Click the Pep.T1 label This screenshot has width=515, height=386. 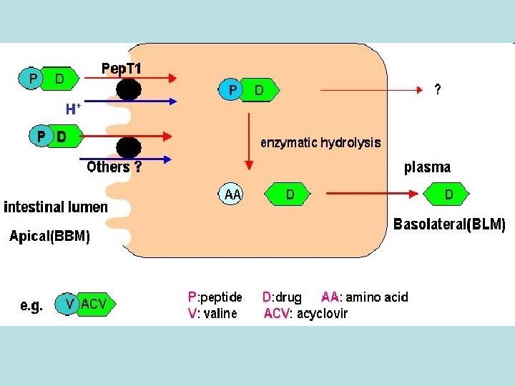[x=122, y=69]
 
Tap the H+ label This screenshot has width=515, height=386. [x=73, y=109]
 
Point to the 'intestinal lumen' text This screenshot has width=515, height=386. [x=56, y=207]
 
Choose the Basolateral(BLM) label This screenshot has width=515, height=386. [x=449, y=224]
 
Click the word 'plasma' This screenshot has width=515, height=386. [x=427, y=168]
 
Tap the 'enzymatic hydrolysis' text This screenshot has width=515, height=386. [x=320, y=142]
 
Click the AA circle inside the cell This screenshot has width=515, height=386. [x=232, y=194]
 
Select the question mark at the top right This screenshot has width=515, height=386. [x=438, y=91]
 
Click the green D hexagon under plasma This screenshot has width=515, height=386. [x=448, y=194]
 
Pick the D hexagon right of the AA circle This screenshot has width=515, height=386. [x=289, y=194]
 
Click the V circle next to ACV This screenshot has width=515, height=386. [x=69, y=304]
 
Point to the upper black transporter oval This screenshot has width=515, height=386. [x=129, y=89]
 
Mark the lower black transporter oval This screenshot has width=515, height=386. [x=129, y=147]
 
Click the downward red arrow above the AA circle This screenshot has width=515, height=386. [x=249, y=136]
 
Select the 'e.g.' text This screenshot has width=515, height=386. [x=31, y=305]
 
